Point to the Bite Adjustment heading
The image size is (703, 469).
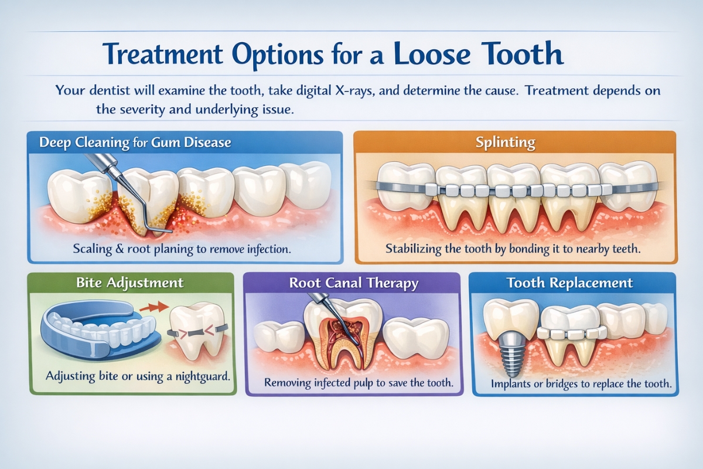(x=130, y=283)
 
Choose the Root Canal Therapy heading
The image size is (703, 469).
(x=354, y=283)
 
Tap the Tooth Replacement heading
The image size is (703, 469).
(x=570, y=283)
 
